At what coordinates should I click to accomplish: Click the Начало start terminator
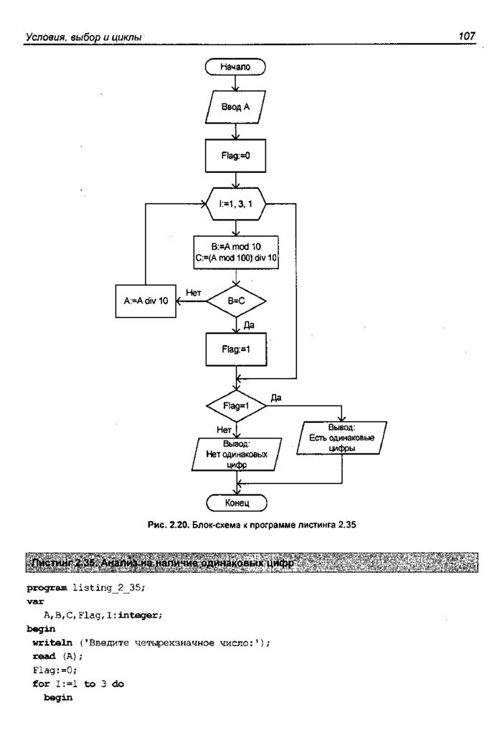[236, 67]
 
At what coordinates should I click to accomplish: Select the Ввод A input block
[236, 109]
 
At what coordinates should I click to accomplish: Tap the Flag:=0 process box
[236, 155]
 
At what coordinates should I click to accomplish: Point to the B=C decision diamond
[236, 302]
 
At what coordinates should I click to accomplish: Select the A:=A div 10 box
[146, 301]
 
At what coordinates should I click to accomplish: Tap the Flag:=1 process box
[236, 352]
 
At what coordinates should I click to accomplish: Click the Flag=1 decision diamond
[236, 406]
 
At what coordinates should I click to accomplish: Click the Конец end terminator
[236, 502]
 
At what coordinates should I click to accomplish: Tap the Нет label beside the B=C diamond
[193, 293]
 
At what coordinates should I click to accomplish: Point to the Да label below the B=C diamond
[249, 325]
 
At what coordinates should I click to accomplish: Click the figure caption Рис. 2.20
[250, 525]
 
